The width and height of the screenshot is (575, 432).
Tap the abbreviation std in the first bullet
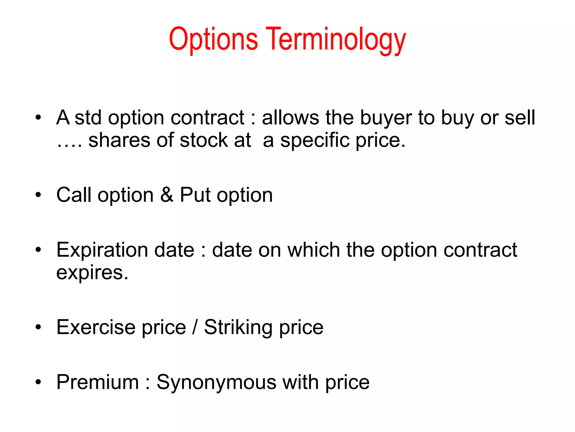click(x=88, y=118)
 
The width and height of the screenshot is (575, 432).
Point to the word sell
click(x=520, y=118)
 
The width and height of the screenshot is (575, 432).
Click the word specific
click(x=314, y=140)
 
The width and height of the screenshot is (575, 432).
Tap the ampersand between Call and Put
click(x=167, y=195)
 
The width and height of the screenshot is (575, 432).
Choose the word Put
click(x=195, y=195)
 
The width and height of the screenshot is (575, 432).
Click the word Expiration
click(x=125, y=250)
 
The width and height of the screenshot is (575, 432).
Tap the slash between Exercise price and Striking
click(x=195, y=327)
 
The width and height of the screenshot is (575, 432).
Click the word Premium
click(x=97, y=382)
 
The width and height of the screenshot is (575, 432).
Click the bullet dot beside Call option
click(x=38, y=195)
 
